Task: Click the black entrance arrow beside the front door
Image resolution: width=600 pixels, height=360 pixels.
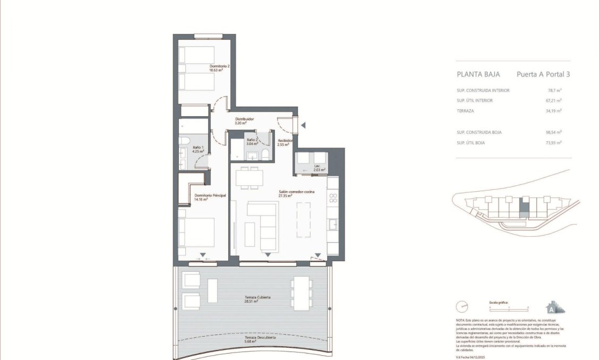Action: (304, 125)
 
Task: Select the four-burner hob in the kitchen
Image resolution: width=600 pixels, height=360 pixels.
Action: (333, 199)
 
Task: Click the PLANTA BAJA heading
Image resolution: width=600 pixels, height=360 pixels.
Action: (478, 75)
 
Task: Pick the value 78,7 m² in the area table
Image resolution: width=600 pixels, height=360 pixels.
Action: (554, 90)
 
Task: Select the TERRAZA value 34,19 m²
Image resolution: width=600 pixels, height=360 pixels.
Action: (554, 111)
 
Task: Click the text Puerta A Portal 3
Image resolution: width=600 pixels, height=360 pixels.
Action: (543, 75)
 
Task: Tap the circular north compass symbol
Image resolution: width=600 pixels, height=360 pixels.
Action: (462, 307)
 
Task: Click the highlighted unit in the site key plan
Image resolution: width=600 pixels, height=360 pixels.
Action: (524, 208)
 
